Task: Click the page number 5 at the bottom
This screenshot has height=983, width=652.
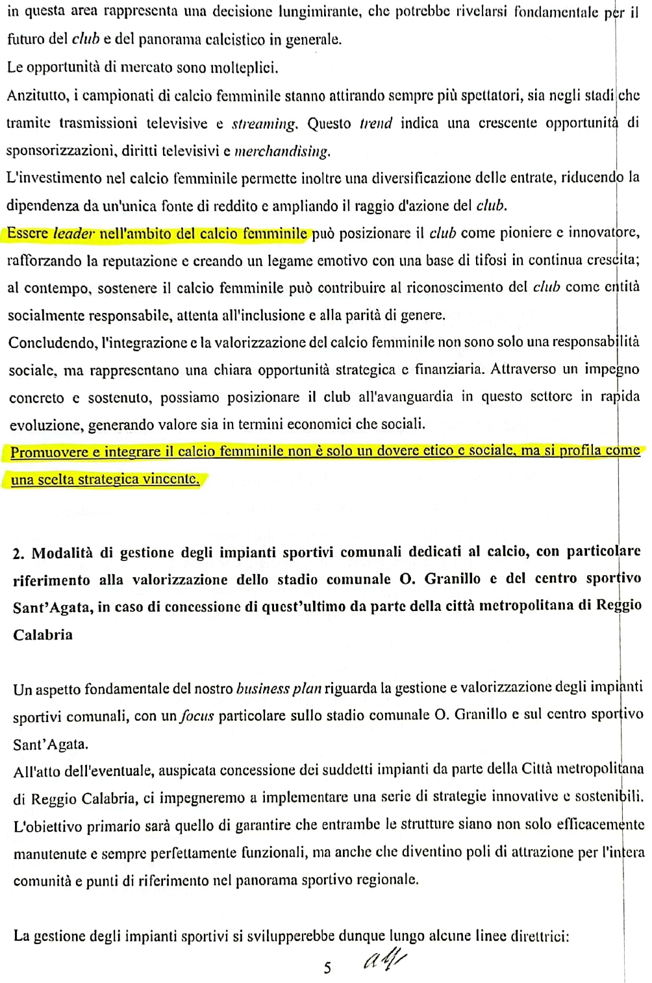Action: (327, 968)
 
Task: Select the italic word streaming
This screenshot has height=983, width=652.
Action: (264, 123)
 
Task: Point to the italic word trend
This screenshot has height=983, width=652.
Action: (376, 123)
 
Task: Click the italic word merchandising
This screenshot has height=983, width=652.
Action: (282, 151)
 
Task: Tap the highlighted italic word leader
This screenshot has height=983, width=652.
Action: (73, 233)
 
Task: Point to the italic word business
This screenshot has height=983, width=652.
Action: (262, 689)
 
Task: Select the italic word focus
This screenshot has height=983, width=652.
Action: (197, 716)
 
